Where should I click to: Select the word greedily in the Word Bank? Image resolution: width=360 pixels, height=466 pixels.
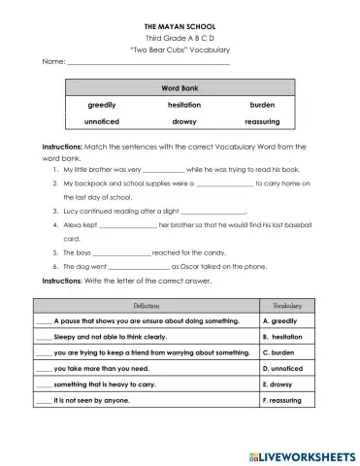tap(102, 105)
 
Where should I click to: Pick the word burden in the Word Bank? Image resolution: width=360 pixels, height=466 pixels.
tap(262, 105)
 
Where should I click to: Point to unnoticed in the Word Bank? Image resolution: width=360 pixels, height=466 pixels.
tap(102, 123)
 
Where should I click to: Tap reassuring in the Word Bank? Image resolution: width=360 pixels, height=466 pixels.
tap(262, 123)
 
